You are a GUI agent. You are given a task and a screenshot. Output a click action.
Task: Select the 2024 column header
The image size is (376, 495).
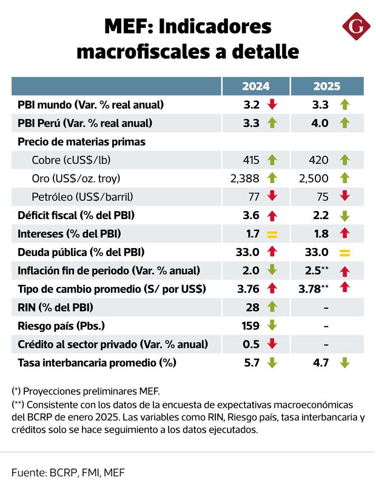[255, 86]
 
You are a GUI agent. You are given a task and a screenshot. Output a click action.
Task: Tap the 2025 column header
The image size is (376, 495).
[326, 86]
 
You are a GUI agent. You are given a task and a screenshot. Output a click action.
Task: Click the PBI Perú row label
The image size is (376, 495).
[85, 123]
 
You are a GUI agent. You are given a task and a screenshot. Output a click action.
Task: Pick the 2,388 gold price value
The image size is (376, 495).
[245, 178]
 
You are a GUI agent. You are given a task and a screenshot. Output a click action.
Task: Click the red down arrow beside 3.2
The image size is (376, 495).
[272, 104]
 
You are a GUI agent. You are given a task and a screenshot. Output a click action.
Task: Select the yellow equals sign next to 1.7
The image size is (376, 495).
[272, 234]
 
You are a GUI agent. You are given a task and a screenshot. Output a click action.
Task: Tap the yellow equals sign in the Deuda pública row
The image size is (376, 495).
[345, 252]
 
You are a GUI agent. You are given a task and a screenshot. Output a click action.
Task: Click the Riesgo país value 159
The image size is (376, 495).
[250, 326]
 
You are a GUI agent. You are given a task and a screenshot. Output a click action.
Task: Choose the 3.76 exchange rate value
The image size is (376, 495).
[249, 289]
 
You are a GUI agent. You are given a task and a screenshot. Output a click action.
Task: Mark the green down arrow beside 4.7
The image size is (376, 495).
[345, 363]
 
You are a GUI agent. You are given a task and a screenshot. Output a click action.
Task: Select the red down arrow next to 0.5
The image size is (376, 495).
[272, 344]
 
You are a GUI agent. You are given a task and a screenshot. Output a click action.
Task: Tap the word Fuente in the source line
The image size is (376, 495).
[28, 471]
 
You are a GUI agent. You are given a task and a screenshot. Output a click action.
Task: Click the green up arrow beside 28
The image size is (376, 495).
[272, 308]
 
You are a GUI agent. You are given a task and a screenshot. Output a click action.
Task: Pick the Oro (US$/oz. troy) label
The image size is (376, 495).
[76, 178]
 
